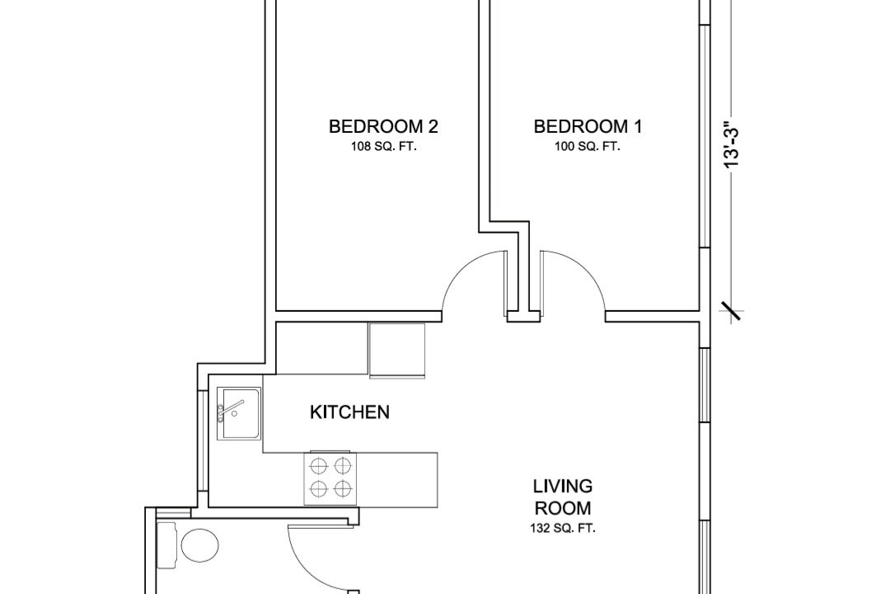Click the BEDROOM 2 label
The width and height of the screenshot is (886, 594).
383,126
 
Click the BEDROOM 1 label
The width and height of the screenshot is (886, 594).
588,126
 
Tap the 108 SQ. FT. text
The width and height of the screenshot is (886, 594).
383,147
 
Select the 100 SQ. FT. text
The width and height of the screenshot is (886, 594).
588,147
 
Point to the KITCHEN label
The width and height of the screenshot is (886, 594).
349,412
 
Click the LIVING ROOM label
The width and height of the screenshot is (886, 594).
564,497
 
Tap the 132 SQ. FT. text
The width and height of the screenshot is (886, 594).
564,529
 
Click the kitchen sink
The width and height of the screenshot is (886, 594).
239,413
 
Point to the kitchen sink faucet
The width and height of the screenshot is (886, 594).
229,409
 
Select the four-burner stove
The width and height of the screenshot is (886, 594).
330,478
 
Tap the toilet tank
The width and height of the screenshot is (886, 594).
166,545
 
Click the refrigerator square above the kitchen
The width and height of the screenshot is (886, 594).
396,350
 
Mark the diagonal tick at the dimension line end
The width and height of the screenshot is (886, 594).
731,311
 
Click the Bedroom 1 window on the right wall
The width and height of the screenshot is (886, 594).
705,136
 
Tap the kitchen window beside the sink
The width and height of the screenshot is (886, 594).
201,441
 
